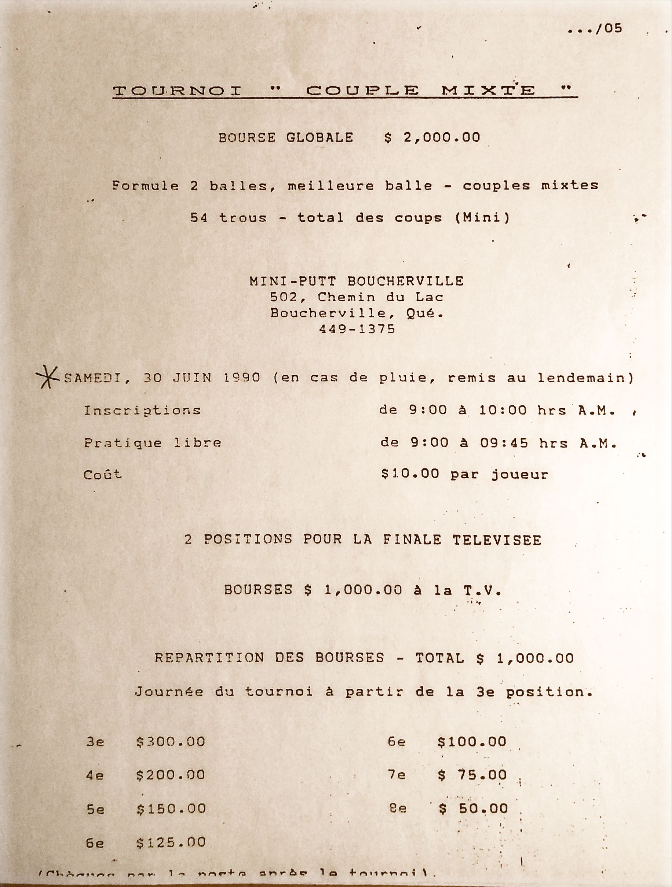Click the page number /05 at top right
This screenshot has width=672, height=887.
click(608, 29)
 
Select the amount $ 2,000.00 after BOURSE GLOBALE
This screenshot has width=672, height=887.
click(432, 138)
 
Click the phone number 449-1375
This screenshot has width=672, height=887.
click(357, 329)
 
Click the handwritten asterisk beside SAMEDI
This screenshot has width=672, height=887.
click(47, 377)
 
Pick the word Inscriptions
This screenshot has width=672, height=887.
click(142, 411)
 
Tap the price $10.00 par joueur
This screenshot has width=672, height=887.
click(464, 475)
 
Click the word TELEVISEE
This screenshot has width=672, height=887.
click(497, 540)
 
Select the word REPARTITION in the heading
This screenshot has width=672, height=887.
click(209, 658)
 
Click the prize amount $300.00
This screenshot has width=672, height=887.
click(171, 742)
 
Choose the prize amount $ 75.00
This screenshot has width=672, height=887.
click(472, 775)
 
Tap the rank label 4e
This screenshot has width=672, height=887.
click(95, 776)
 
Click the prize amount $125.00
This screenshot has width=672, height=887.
click(171, 842)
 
